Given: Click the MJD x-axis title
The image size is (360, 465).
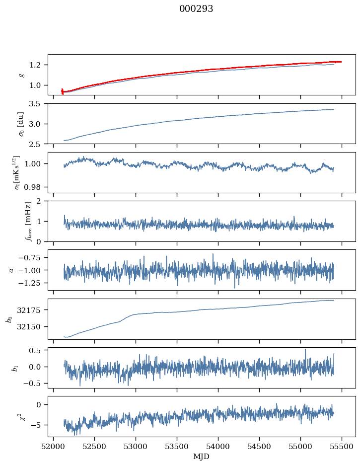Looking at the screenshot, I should (201, 456).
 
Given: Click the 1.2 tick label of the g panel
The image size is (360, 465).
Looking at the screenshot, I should (38, 65).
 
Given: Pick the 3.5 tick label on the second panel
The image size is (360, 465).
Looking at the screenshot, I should (38, 104).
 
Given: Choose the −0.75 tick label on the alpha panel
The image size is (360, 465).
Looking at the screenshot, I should (31, 258).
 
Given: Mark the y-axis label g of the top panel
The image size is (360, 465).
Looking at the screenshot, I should (21, 75).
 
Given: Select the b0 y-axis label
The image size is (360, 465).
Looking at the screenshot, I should (9, 318).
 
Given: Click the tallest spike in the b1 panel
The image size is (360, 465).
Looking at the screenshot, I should (305, 350).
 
